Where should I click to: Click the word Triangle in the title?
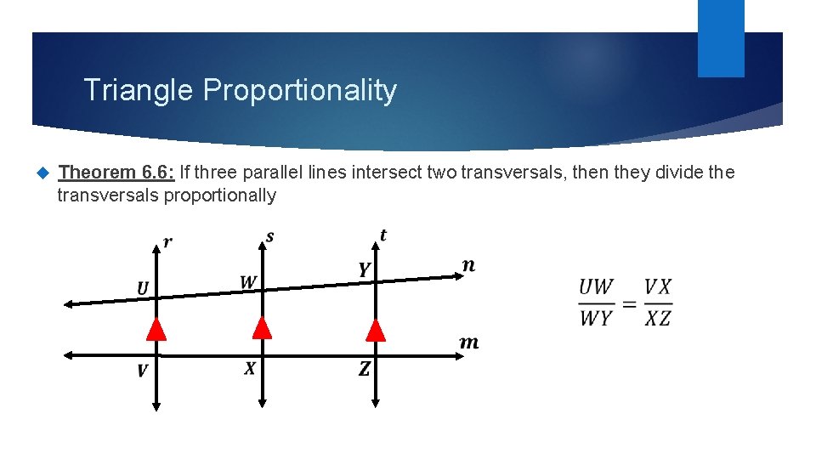(139, 90)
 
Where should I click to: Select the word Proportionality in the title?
(300, 91)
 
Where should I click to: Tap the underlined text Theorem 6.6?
(116, 173)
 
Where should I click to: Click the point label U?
(143, 289)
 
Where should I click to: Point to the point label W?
(248, 281)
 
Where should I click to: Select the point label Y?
(364, 270)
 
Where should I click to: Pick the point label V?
(142, 370)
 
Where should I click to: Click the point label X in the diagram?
(250, 368)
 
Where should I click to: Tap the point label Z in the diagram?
(364, 369)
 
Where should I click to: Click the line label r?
(167, 243)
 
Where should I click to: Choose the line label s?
(270, 236)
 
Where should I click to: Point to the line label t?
(383, 235)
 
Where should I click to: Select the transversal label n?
(468, 265)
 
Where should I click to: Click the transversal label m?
(468, 343)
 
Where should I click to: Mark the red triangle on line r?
(156, 329)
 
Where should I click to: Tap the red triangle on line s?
(263, 328)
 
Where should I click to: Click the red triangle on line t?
(375, 330)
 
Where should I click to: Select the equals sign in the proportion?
(630, 303)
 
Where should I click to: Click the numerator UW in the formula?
(597, 287)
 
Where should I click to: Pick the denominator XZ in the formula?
(658, 320)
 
